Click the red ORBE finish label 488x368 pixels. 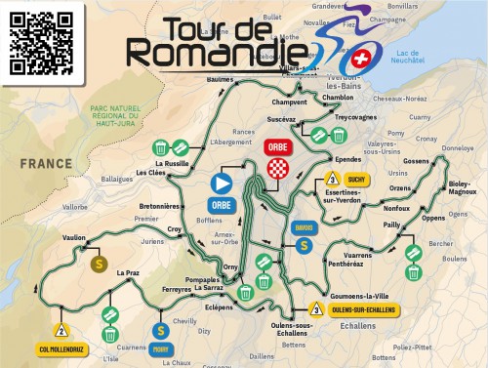273,147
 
